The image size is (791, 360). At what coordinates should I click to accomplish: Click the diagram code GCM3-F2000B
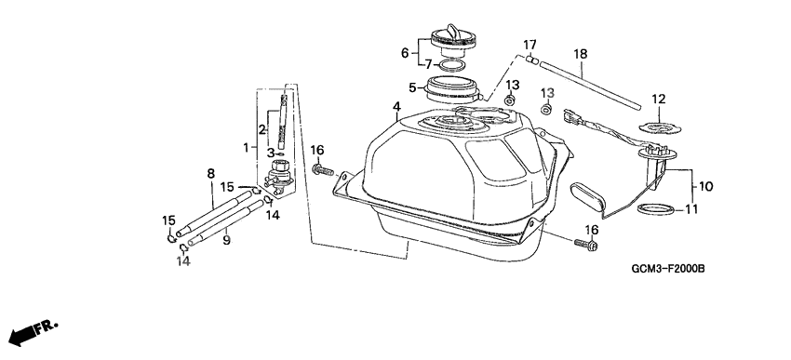pyautogui.click(x=668, y=269)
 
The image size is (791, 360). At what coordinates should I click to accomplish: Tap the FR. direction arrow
pyautogui.click(x=34, y=333)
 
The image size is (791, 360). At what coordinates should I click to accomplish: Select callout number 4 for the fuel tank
pyautogui.click(x=397, y=106)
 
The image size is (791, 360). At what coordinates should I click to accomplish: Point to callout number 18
pyautogui.click(x=581, y=54)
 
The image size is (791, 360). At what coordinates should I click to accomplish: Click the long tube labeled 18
pyautogui.click(x=590, y=86)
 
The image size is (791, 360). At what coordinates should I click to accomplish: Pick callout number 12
pyautogui.click(x=659, y=99)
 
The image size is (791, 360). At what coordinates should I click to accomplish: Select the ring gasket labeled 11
pyautogui.click(x=656, y=208)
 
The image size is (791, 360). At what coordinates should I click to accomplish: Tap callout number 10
pyautogui.click(x=706, y=187)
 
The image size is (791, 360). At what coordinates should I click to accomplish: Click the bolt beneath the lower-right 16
pyautogui.click(x=586, y=245)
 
